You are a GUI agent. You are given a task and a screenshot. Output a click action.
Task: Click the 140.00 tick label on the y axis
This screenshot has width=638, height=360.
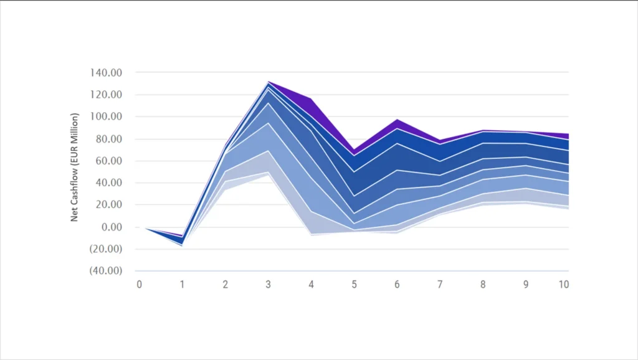tap(107, 73)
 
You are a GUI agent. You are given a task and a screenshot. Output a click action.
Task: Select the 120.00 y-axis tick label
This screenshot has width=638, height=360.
tap(107, 95)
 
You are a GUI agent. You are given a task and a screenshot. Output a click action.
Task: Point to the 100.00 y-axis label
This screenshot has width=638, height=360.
tap(107, 117)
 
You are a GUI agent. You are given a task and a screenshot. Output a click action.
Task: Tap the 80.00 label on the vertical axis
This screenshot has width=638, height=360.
tap(109, 139)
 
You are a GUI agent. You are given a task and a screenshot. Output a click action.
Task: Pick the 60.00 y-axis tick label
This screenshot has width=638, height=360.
tap(109, 161)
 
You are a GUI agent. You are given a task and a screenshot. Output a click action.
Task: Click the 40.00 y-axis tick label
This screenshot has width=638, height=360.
tap(109, 183)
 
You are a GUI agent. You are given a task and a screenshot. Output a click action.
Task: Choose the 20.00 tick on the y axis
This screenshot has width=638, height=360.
tap(109, 205)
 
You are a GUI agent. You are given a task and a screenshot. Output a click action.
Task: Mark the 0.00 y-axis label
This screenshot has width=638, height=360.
tap(112, 227)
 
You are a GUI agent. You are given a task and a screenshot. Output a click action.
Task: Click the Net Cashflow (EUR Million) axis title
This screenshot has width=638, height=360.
tap(74, 167)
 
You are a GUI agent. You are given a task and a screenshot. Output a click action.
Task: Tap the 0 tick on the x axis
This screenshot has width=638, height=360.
tap(140, 284)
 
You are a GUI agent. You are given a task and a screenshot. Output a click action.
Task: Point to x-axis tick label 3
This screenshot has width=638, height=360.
tap(268, 284)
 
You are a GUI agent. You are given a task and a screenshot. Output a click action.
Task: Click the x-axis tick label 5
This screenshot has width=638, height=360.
tap(354, 284)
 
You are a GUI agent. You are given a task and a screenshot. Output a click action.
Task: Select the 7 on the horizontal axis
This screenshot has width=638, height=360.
tap(440, 284)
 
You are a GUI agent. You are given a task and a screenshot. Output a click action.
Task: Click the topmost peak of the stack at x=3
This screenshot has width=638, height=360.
tap(268, 81)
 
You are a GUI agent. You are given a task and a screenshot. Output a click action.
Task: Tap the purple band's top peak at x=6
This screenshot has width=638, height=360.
tap(397, 119)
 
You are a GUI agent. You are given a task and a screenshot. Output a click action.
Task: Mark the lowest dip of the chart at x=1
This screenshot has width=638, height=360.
tap(182, 246)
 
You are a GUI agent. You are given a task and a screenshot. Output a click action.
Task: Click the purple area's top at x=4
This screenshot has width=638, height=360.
tap(311, 98)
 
